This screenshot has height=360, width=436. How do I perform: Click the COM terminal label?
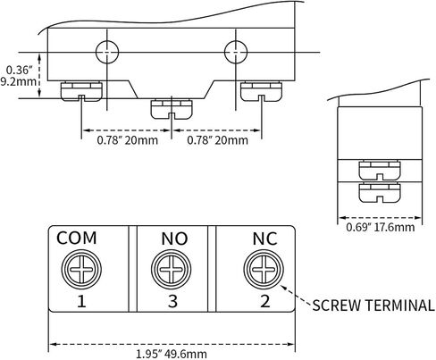(77, 238)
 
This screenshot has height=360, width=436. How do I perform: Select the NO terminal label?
(174, 239)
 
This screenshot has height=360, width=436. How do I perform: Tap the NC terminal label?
(264, 239)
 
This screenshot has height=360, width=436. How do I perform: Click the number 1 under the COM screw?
(81, 301)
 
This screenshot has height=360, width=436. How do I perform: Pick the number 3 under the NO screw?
(172, 301)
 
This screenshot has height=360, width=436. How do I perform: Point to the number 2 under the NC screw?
(265, 301)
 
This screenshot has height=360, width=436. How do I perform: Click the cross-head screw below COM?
(81, 270)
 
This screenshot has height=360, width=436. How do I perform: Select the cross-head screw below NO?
(171, 270)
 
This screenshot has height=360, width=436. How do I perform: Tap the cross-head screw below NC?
(264, 270)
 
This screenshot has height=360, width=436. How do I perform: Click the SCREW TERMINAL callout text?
(373, 306)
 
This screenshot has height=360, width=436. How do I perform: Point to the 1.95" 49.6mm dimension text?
(172, 354)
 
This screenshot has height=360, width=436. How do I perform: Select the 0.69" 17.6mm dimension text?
(381, 227)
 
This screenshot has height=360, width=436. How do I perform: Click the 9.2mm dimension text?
(19, 81)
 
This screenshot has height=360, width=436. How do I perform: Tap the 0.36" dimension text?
(19, 71)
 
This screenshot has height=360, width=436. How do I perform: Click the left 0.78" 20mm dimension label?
(128, 140)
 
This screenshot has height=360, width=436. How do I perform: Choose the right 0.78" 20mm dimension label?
(217, 140)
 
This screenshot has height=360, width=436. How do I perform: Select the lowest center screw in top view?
(172, 109)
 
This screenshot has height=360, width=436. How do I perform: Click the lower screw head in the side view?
(380, 193)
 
